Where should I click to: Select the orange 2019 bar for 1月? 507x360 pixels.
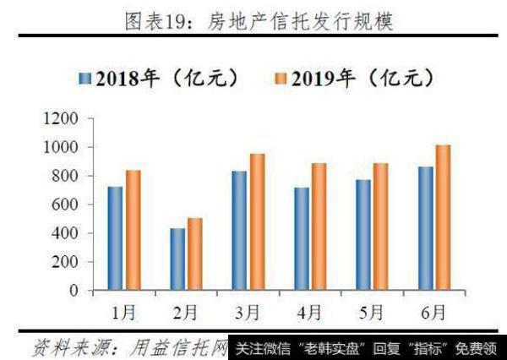(x=133, y=230)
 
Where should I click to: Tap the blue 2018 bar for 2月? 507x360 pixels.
(x=177, y=259)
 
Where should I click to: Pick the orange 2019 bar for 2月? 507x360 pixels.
(x=195, y=254)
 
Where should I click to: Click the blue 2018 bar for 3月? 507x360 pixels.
(x=239, y=231)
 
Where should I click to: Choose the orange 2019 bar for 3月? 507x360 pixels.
(x=257, y=222)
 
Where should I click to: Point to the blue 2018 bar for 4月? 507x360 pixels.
(x=302, y=239)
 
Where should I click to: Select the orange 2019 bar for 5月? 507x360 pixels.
(x=381, y=226)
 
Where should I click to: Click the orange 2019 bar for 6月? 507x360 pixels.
(x=443, y=218)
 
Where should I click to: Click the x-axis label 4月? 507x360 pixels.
(x=309, y=313)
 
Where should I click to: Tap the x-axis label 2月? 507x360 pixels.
(x=185, y=313)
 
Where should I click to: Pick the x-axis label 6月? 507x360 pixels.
(x=433, y=313)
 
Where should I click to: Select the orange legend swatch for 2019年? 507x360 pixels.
(x=281, y=79)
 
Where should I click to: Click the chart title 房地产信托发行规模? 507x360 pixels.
(x=297, y=19)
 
